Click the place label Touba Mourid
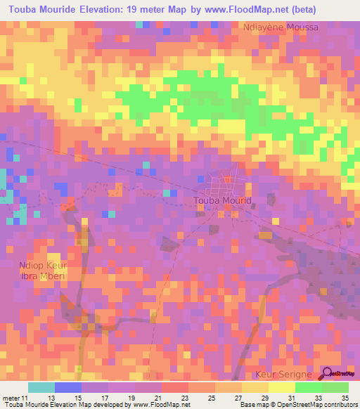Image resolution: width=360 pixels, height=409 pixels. point(222,200)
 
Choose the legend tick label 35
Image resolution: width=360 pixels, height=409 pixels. point(345,398)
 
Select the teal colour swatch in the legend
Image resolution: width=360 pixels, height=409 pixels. point(41,387)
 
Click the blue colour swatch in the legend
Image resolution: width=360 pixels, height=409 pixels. point(68,387)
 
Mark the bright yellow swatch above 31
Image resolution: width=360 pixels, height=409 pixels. point(281,387)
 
